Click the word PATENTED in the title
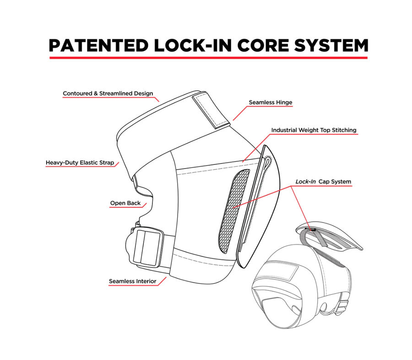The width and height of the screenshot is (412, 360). [x=99, y=45]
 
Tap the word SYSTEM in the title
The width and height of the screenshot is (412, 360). [x=331, y=45]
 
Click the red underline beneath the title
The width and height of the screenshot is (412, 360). [x=209, y=58]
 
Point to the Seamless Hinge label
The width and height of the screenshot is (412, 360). [x=271, y=102]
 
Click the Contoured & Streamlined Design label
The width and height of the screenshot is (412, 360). [x=108, y=93]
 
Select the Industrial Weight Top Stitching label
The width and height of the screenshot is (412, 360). [x=314, y=130]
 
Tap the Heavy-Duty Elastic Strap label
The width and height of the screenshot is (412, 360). [x=80, y=163]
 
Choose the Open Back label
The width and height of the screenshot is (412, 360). [x=125, y=203]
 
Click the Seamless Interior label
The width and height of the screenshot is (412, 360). [x=132, y=281]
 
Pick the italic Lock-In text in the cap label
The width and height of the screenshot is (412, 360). [x=305, y=181]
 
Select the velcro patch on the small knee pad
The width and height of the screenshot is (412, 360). [x=282, y=271]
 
